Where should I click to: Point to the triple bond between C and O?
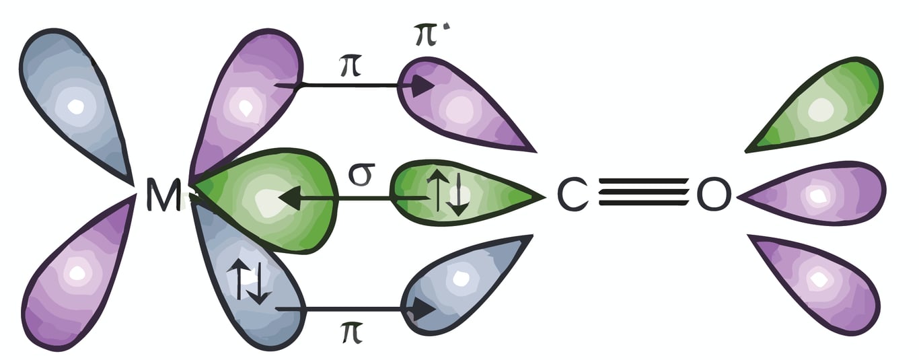642,196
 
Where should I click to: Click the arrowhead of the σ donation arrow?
288,199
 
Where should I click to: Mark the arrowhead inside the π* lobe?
422,86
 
